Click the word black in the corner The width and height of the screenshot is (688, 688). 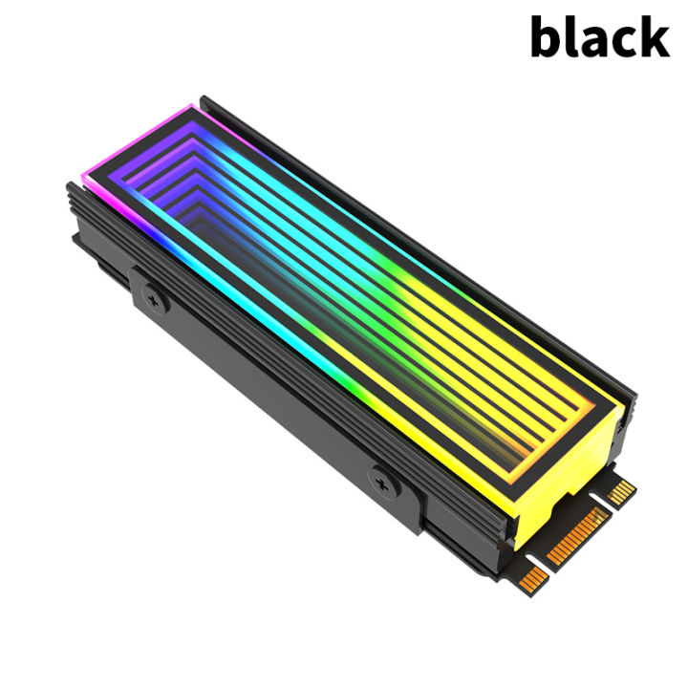(x=599, y=39)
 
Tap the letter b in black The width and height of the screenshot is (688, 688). (x=548, y=39)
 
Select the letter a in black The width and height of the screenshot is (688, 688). (x=597, y=44)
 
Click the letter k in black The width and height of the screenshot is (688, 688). (x=654, y=38)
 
